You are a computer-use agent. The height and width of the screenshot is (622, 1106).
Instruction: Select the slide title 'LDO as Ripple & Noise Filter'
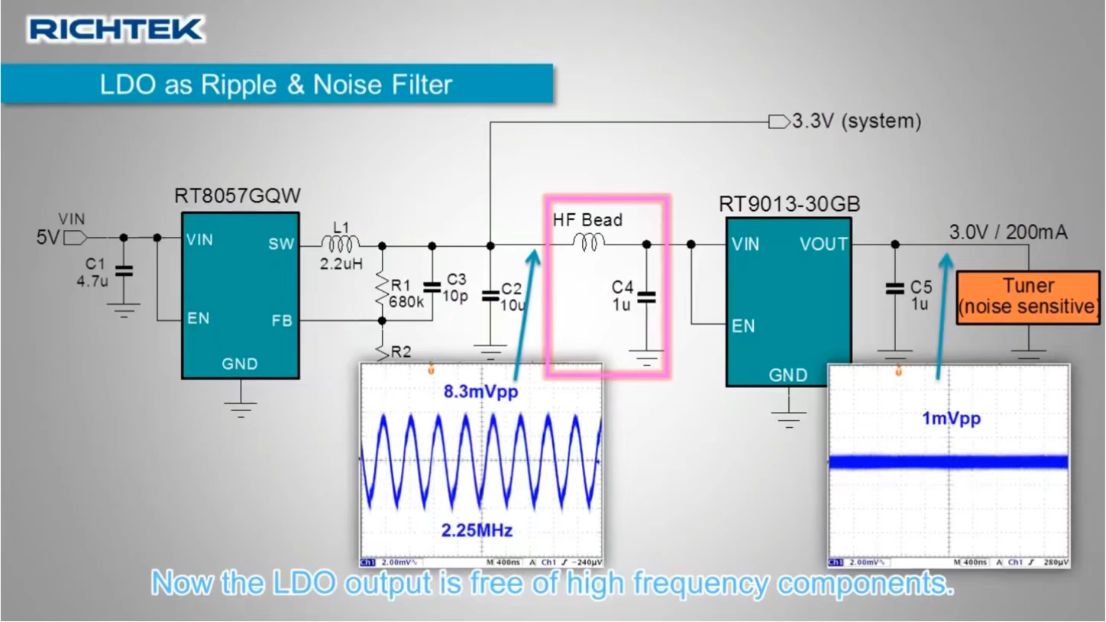click(276, 84)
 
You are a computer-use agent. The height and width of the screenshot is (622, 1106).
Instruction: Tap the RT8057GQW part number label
click(238, 196)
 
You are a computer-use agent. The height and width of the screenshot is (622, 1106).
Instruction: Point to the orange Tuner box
click(1028, 296)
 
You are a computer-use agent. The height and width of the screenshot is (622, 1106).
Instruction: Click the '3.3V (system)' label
click(856, 121)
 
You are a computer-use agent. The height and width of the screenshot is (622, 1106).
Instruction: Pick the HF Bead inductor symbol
click(589, 243)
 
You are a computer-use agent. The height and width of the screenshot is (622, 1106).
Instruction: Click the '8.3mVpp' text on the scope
click(480, 392)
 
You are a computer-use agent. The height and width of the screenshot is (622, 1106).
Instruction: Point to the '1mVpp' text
click(950, 419)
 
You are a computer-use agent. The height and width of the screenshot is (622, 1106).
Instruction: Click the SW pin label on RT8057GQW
click(280, 244)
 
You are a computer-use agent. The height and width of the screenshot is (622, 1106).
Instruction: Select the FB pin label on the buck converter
click(281, 321)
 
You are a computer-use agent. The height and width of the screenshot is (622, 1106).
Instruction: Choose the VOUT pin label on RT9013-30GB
click(823, 244)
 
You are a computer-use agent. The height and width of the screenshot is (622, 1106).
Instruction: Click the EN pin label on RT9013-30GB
click(742, 326)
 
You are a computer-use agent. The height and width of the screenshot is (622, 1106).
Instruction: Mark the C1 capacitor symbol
click(123, 271)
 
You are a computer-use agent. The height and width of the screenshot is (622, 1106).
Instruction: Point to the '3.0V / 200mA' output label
click(1008, 232)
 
